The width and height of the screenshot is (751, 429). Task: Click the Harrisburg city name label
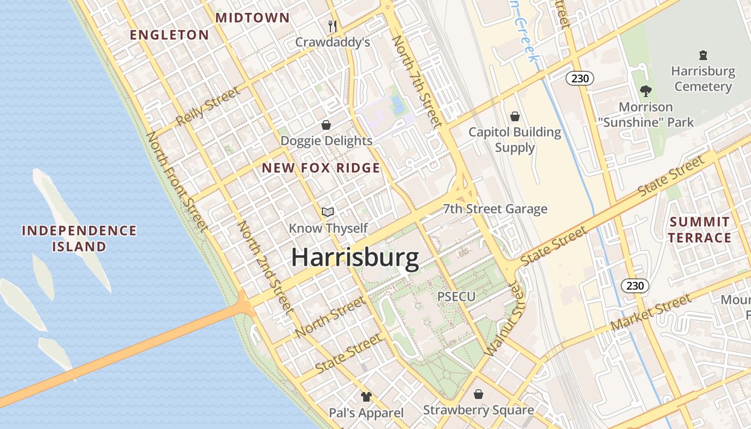[355, 258]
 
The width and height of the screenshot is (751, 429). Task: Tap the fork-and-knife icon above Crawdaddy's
[333, 26]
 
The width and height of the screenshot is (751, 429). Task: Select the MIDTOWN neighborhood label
[252, 18]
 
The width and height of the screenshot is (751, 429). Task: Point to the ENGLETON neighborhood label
[170, 35]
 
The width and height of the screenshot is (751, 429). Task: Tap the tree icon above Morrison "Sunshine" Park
[646, 91]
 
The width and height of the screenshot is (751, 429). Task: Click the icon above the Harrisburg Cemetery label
[703, 55]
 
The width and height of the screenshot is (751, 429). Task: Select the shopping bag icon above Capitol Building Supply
[515, 116]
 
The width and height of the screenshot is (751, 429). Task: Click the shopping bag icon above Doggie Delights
[326, 125]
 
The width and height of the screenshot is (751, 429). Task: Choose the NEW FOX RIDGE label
[321, 168]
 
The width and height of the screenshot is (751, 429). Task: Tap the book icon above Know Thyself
[328, 212]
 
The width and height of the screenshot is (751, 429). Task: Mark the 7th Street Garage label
[495, 209]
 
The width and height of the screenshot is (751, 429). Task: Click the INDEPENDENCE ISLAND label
[79, 239]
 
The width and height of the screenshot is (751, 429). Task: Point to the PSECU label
[456, 297]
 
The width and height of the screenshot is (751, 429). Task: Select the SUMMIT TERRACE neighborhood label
[700, 230]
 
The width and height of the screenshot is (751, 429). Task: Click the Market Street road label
[651, 313]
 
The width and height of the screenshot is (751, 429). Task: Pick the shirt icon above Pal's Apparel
[366, 397]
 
